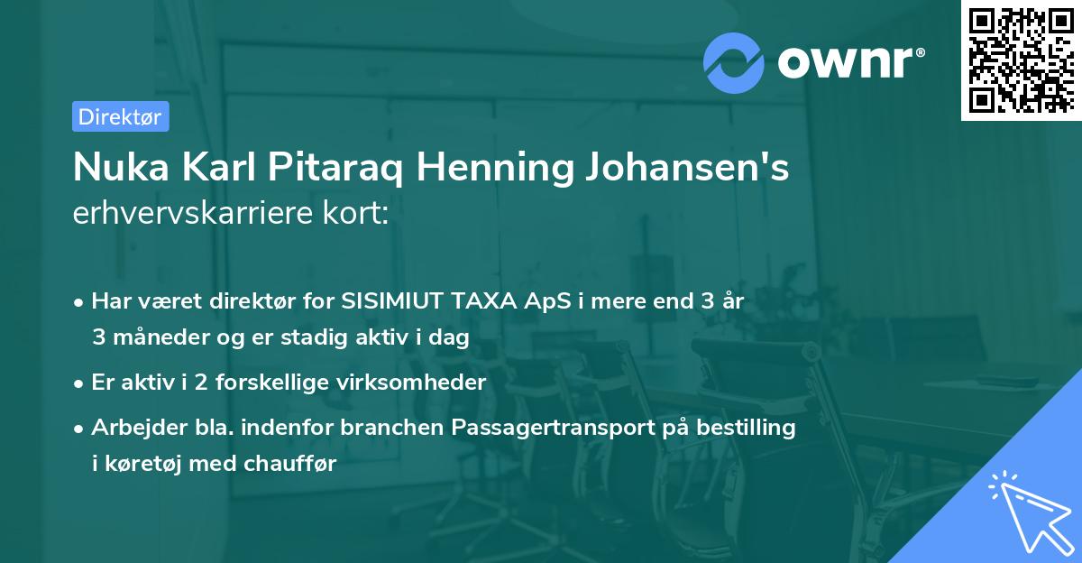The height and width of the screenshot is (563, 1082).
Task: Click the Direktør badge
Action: (x=120, y=116)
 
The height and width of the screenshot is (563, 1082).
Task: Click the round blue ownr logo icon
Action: (x=734, y=62)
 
